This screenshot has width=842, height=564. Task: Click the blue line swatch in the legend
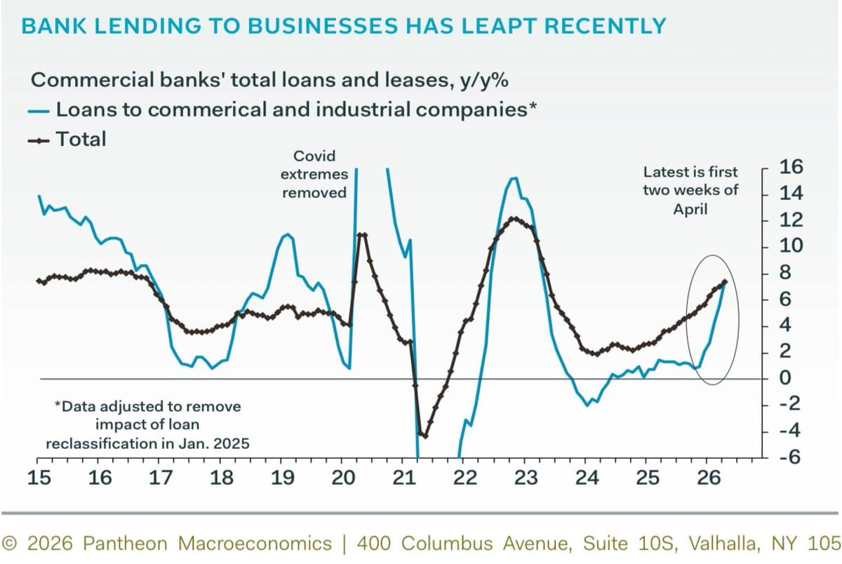(41, 110)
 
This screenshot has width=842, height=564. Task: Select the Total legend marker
(41, 139)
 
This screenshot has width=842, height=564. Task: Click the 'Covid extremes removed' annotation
(314, 173)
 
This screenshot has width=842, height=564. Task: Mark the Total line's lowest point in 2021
(424, 436)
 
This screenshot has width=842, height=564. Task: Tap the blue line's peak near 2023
(514, 177)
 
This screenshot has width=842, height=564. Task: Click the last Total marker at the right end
(724, 282)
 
